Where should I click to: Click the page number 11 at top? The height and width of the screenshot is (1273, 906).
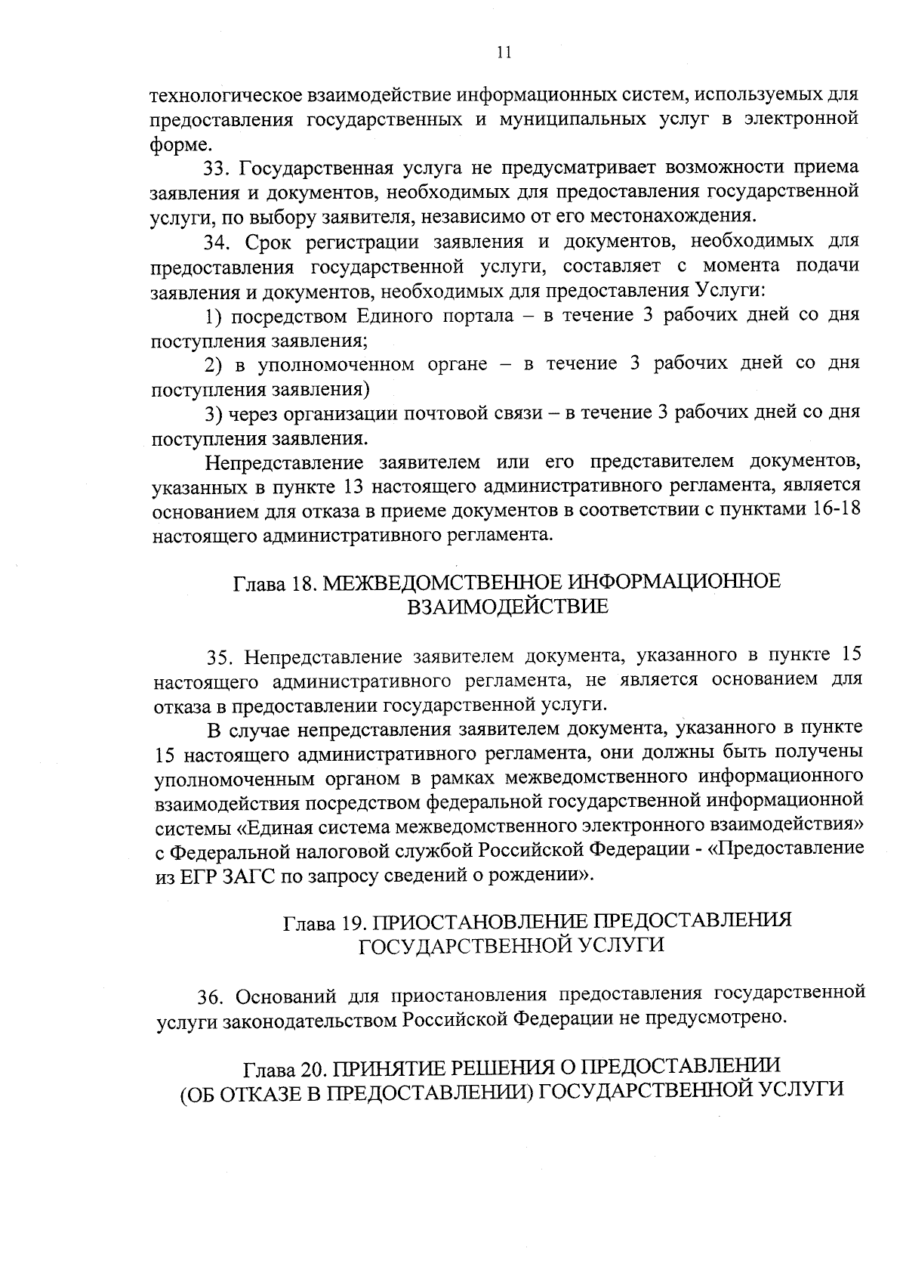(505, 52)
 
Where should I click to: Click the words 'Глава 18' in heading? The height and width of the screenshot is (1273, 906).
(268, 583)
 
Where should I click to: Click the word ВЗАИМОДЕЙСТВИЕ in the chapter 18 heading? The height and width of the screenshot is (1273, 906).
(507, 607)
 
